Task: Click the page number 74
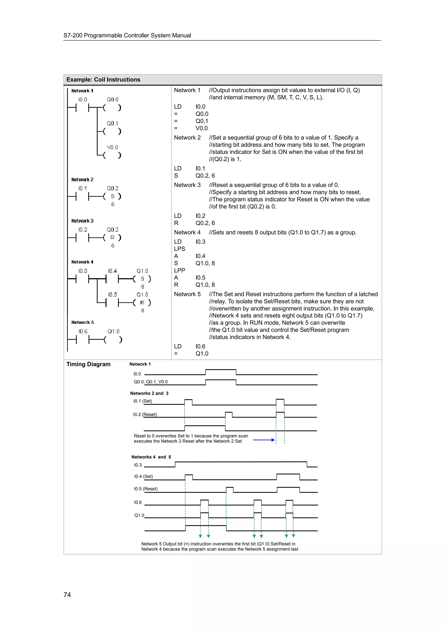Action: coord(67,595)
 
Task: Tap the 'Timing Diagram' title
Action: coord(88,364)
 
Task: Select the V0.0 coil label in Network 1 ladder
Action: coord(112,147)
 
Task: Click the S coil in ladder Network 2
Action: coord(112,197)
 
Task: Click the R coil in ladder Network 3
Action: coord(112,238)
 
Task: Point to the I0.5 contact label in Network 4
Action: coord(112,295)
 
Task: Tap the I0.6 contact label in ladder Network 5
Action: coord(83,332)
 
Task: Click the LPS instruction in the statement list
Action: coord(180,249)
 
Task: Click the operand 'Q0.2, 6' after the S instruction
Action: coord(205,176)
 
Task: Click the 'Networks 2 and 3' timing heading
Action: coord(149,393)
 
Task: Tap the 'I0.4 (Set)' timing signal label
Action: coord(143,476)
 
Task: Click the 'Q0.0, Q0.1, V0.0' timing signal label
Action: coord(151,382)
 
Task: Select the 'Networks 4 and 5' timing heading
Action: coord(151,457)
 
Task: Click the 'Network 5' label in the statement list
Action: coord(187,294)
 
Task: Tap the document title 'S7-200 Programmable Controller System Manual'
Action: coord(127,35)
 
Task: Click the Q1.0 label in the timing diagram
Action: coord(139,515)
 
